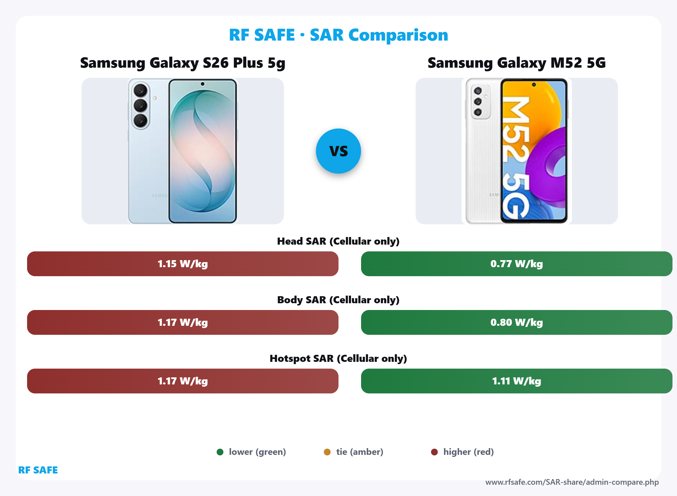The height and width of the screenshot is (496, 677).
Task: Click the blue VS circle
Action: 338,151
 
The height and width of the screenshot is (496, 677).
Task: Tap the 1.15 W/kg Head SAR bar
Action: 183,263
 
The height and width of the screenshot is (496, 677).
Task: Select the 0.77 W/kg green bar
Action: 516,263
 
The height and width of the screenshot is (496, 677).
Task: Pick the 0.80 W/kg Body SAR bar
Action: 516,322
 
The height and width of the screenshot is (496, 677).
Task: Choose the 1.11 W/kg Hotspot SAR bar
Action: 516,381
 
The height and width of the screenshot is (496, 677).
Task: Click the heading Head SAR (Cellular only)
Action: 338,241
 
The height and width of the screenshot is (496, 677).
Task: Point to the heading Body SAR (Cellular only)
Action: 338,300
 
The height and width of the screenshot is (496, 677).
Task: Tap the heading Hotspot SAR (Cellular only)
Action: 338,358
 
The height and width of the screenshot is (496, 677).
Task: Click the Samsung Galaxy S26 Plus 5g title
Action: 183,63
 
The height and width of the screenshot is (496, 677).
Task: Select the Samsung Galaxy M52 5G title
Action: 516,63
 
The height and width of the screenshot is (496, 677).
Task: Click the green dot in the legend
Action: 220,452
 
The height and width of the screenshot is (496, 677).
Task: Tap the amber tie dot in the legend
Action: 327,452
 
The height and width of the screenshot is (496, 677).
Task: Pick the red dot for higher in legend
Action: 434,452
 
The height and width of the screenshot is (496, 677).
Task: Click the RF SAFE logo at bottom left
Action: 38,470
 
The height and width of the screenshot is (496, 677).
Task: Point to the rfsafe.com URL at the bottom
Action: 572,482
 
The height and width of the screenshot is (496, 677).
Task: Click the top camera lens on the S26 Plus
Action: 140,90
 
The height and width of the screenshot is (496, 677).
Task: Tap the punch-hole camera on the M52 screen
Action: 534,85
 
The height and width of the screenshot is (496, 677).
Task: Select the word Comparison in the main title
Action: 398,35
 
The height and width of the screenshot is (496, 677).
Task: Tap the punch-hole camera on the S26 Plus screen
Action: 203,84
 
